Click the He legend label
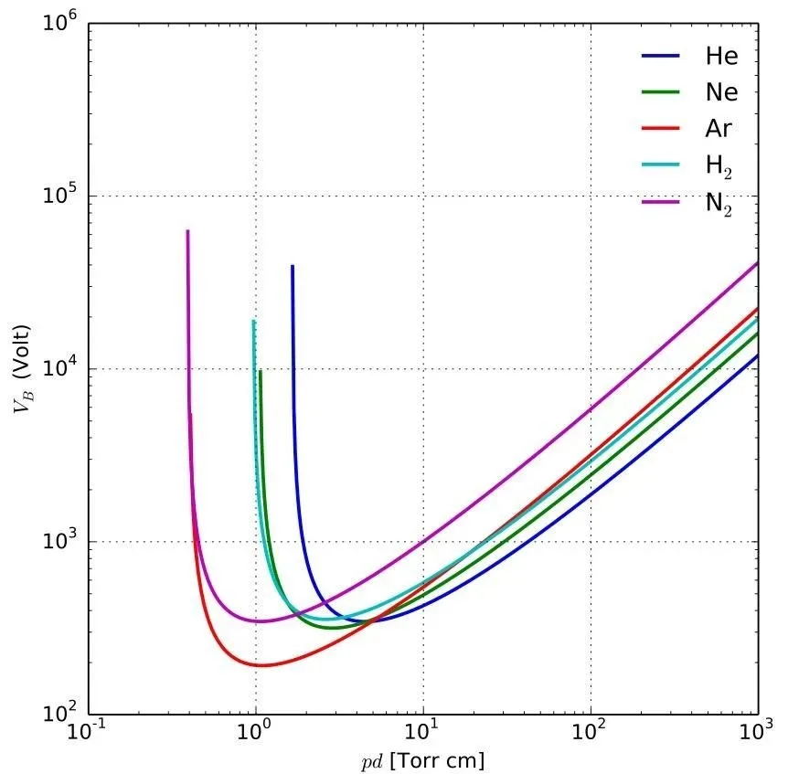(720, 56)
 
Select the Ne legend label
(720, 92)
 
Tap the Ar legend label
(719, 129)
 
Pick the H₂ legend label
(719, 166)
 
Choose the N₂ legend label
(719, 204)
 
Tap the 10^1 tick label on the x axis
(423, 735)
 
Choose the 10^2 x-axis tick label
(591, 735)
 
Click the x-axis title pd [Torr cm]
(423, 760)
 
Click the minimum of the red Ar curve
(263, 665)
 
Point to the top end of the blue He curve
(293, 266)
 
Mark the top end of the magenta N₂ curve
(187, 231)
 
